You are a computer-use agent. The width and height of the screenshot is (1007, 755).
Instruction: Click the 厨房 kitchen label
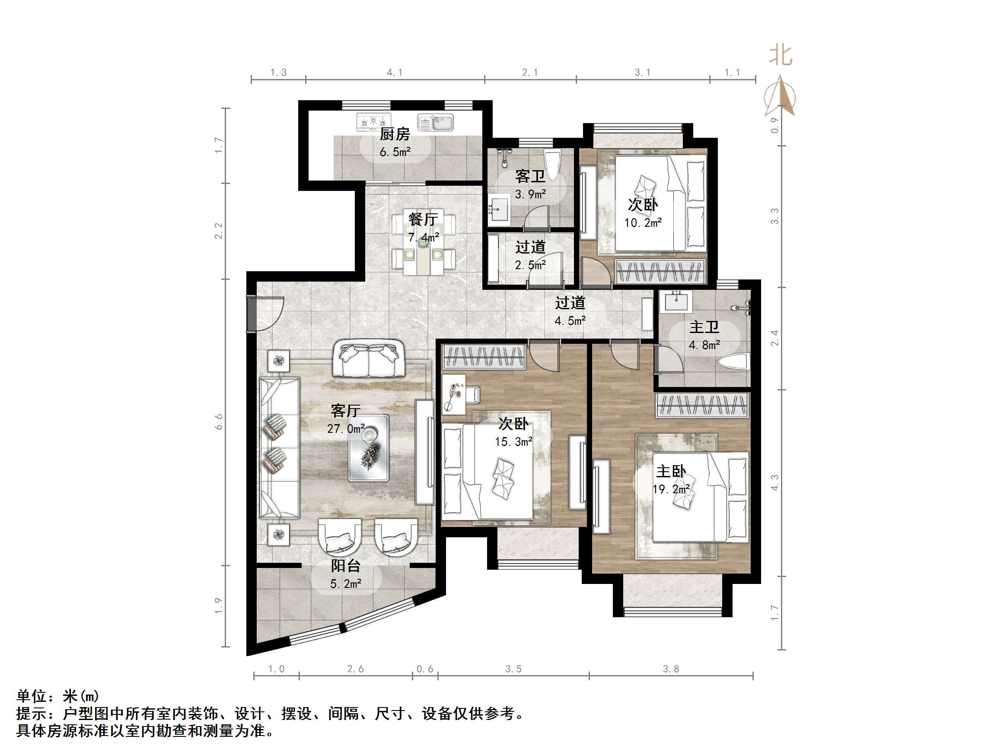(x=395, y=134)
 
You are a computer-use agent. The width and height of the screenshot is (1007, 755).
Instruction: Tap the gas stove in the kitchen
(x=373, y=122)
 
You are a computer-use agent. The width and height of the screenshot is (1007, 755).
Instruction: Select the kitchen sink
(x=436, y=122)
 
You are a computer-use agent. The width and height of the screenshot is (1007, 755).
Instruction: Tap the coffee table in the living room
(x=369, y=448)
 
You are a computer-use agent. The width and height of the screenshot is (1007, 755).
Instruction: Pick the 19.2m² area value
(x=671, y=489)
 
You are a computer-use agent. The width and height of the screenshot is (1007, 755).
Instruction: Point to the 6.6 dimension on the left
(x=219, y=422)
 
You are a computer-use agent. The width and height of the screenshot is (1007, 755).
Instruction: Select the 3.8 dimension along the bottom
(x=671, y=669)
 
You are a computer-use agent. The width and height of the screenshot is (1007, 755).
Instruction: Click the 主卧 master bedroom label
(x=671, y=472)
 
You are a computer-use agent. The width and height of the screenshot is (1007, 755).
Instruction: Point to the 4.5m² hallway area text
(x=570, y=321)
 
